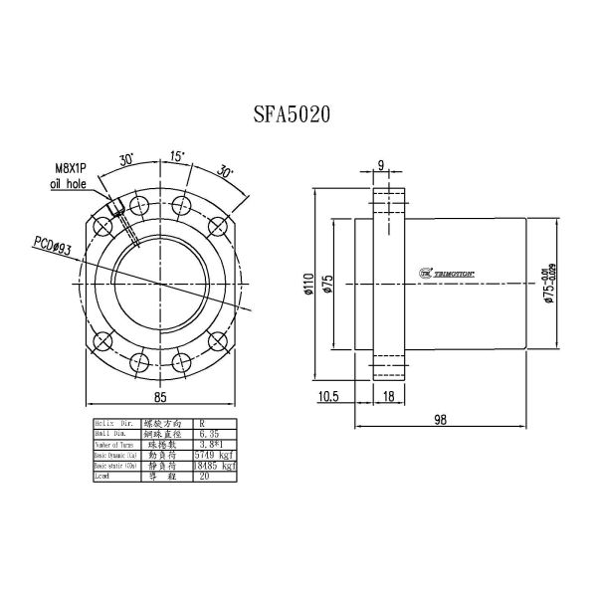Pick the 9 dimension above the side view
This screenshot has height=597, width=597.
pyautogui.click(x=381, y=165)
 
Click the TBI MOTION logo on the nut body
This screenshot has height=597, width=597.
pyautogui.click(x=444, y=272)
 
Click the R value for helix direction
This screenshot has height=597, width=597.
pyautogui.click(x=204, y=424)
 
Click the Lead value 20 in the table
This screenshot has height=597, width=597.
pyautogui.click(x=206, y=477)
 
